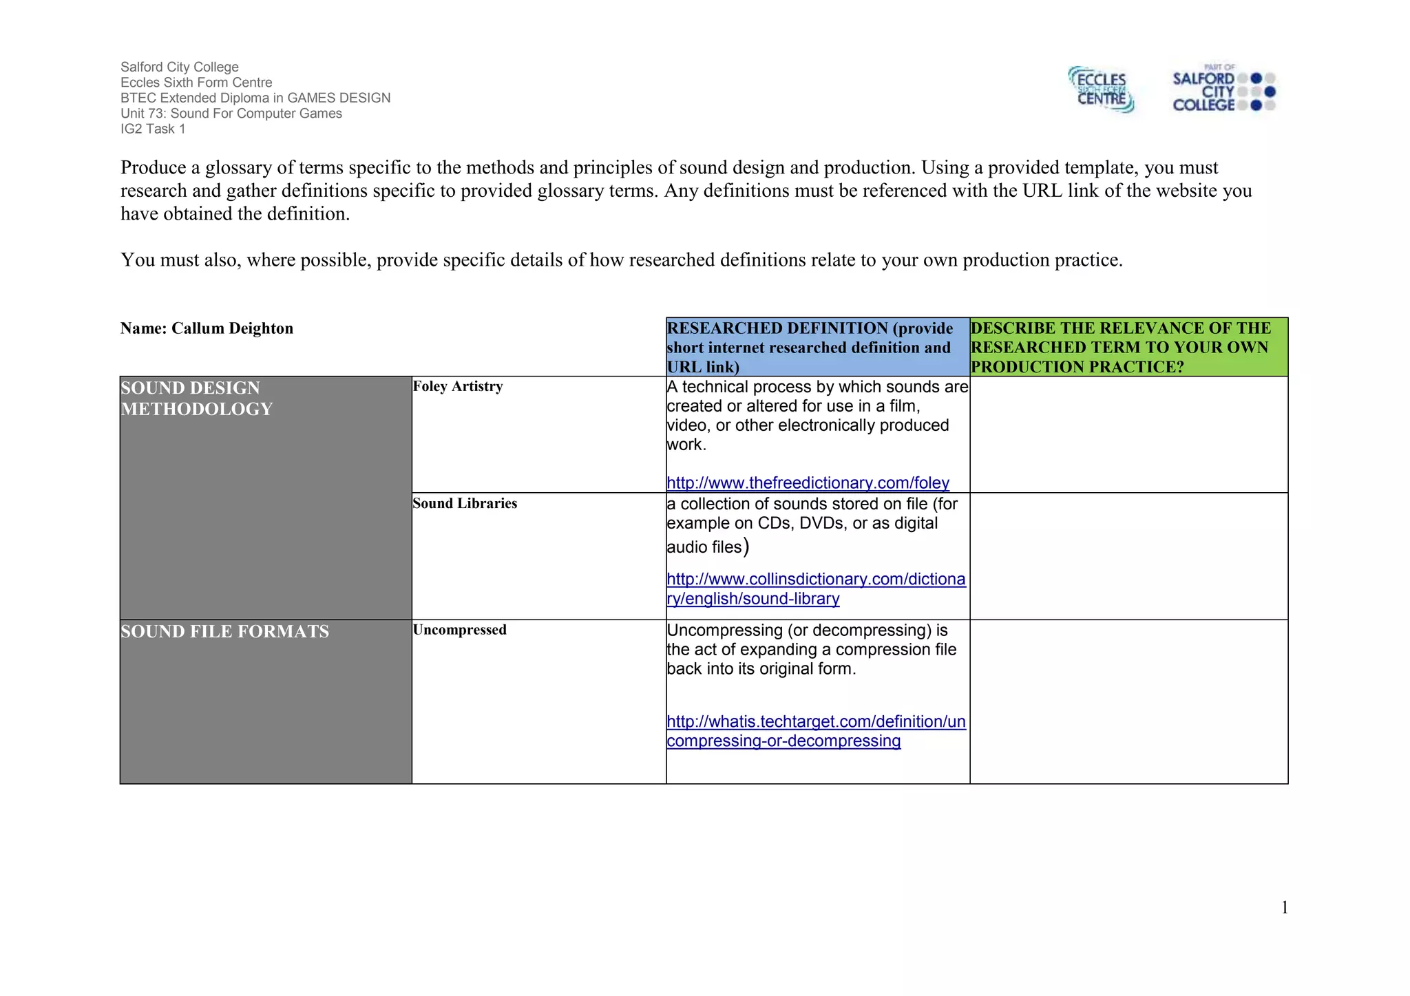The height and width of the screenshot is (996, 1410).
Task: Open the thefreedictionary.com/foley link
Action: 808,483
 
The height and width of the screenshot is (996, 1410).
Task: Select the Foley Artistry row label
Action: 458,387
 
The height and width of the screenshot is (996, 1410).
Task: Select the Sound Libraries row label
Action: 465,504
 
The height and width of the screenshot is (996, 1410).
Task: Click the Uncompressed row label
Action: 459,631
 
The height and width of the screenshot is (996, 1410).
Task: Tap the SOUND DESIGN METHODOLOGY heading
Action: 197,399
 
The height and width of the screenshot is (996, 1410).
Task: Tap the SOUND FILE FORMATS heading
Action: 224,632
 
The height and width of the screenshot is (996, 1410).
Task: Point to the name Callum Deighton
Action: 232,329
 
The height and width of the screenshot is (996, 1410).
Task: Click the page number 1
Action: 1284,908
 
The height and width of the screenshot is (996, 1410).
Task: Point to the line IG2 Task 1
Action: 153,129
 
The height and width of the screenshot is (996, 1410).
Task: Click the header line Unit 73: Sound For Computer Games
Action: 231,114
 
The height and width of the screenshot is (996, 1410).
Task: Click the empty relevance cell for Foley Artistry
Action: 1128,434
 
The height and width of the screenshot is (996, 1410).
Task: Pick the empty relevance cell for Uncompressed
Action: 1128,701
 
